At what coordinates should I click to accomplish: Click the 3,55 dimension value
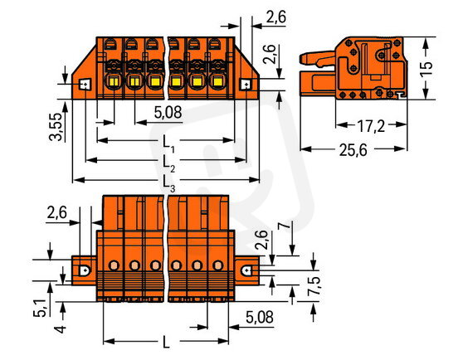tap(56, 126)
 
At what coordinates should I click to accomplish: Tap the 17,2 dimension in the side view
tap(371, 126)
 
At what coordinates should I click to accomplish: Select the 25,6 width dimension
tap(353, 150)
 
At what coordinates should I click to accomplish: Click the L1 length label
tap(169, 144)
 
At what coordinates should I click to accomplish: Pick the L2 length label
tap(169, 164)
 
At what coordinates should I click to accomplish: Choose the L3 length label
tap(169, 184)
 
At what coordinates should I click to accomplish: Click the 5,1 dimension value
tap(40, 308)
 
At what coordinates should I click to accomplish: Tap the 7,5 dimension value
tap(314, 286)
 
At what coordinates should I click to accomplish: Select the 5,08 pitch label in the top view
tap(168, 113)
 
